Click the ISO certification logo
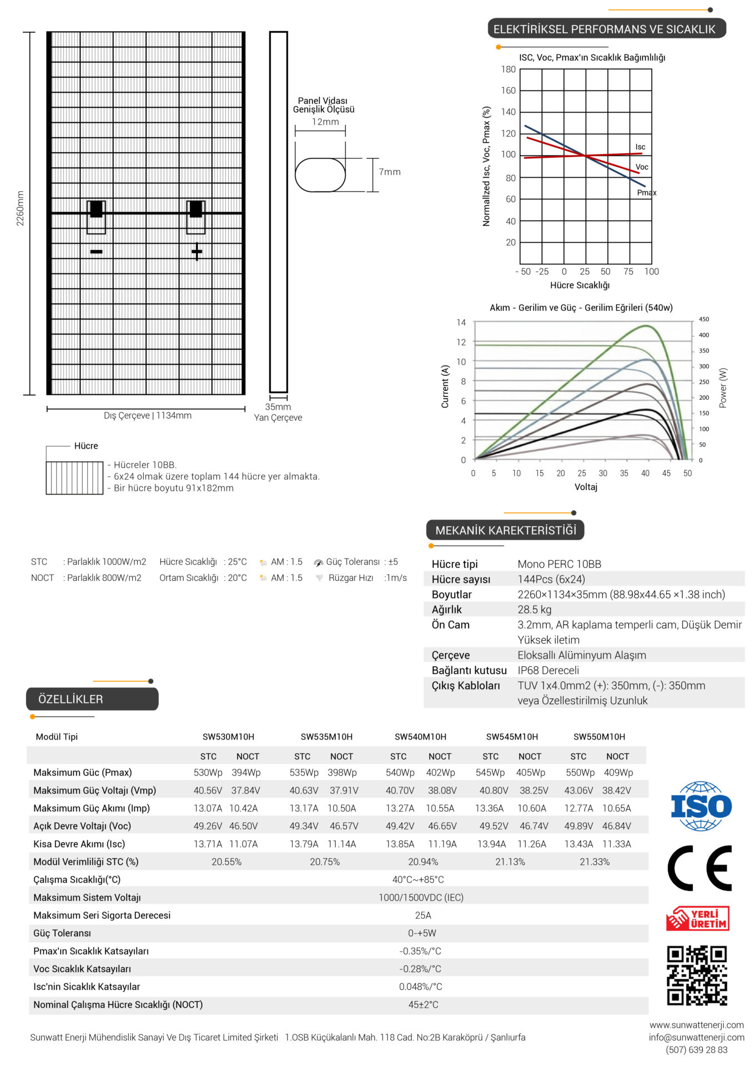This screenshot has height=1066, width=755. (x=701, y=806)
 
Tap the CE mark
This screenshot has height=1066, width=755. (x=699, y=868)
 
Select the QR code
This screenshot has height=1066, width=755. (x=697, y=976)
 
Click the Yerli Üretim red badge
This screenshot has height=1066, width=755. (x=698, y=919)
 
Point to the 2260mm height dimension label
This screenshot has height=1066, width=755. (x=20, y=208)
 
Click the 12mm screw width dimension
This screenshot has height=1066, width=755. (x=325, y=122)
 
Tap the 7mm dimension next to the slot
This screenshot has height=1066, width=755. (x=390, y=172)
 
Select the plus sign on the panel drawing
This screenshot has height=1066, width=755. (x=197, y=252)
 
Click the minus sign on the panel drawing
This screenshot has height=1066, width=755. (x=96, y=252)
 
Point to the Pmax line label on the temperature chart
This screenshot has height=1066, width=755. (x=647, y=193)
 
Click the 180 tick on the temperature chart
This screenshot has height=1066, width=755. (x=508, y=69)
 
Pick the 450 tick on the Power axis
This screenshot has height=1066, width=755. (x=704, y=319)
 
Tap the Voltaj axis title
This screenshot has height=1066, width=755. (x=586, y=487)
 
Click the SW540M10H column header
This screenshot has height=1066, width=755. (x=420, y=737)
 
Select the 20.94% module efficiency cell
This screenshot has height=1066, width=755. (x=423, y=862)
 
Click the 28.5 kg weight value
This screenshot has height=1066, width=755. (x=535, y=610)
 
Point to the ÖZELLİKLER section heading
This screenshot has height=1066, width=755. (x=71, y=699)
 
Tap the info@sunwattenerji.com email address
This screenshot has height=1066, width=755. (x=697, y=1037)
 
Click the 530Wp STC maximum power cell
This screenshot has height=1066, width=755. (x=208, y=772)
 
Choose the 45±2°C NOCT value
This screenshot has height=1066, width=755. (x=423, y=1004)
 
